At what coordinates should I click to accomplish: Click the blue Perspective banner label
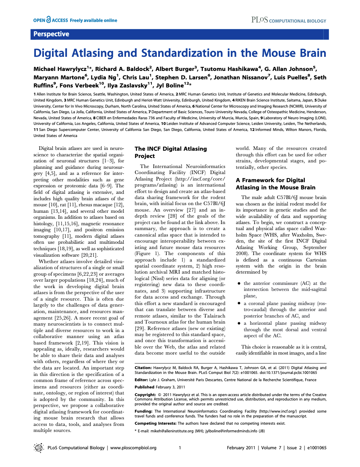pyautogui.click(x=51, y=34)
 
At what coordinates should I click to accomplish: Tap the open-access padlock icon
pyautogui.click(x=49, y=20)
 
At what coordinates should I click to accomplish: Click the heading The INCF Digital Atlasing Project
pyautogui.click(x=171, y=152)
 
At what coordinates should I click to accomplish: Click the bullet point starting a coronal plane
pyautogui.click(x=239, y=302)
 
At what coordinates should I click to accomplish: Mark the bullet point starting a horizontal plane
pyautogui.click(x=239, y=324)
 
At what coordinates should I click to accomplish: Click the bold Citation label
pyautogui.click(x=143, y=368)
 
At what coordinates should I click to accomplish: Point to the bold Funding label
pyautogui.click(x=143, y=411)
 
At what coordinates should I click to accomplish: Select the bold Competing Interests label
pyautogui.click(x=155, y=423)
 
